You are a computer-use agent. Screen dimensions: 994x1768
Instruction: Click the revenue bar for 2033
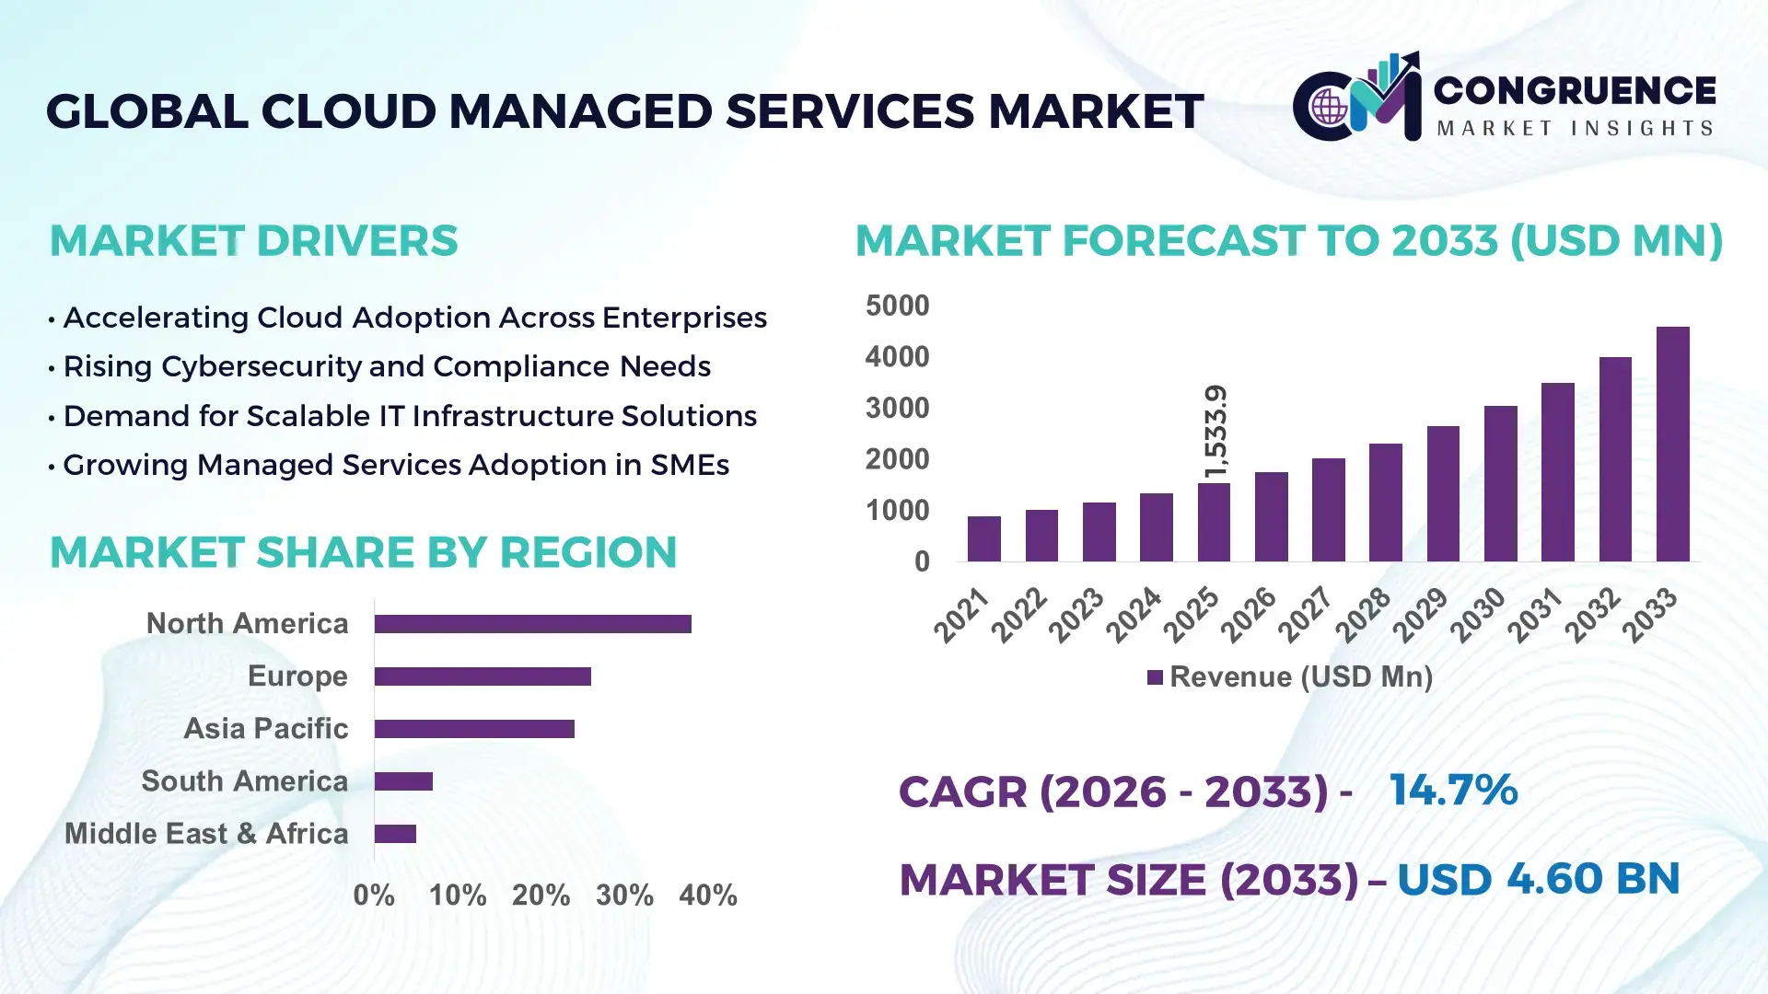tap(1672, 445)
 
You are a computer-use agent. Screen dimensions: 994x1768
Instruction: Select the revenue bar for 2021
tap(983, 539)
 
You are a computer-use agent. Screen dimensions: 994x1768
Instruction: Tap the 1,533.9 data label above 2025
tap(1215, 431)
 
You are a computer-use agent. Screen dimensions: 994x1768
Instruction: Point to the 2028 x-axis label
tap(1363, 615)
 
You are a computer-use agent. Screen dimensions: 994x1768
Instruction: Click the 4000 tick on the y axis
tap(897, 357)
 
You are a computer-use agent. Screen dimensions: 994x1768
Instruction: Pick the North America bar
tap(532, 624)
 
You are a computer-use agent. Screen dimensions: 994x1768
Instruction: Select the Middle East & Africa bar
tap(395, 834)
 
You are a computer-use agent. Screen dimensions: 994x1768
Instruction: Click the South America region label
tap(244, 781)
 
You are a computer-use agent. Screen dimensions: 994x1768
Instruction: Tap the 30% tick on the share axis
tap(624, 896)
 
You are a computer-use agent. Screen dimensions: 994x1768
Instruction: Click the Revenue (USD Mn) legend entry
tap(1289, 677)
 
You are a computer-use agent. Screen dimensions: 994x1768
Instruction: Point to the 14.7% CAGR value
tap(1453, 791)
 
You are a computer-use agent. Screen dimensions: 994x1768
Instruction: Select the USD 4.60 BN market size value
tap(1538, 879)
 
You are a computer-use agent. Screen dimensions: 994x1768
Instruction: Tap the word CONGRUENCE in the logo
tap(1575, 90)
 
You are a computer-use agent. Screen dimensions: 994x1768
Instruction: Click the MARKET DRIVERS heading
tap(253, 241)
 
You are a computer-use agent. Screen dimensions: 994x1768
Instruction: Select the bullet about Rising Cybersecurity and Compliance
tap(387, 366)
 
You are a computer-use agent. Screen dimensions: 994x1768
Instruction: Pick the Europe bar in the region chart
tap(483, 676)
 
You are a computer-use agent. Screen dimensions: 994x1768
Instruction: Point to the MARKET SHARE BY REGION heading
tap(363, 552)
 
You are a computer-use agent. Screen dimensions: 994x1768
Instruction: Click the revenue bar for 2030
tap(1500, 483)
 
